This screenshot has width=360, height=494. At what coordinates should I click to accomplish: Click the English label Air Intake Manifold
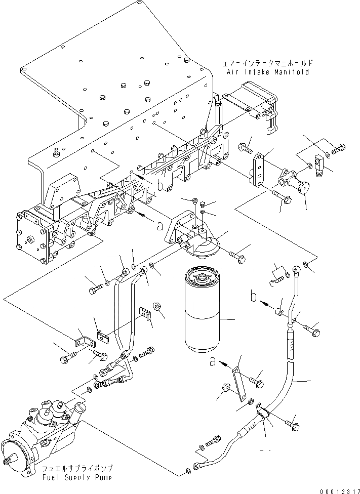click(x=268, y=72)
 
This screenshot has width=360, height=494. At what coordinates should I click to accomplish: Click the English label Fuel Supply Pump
click(x=77, y=478)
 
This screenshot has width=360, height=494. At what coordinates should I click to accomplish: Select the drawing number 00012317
click(x=340, y=491)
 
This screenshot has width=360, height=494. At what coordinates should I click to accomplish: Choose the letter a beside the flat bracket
click(x=213, y=362)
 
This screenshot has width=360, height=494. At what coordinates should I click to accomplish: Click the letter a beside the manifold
click(x=161, y=225)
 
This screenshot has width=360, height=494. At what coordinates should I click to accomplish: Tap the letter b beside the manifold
click(x=161, y=186)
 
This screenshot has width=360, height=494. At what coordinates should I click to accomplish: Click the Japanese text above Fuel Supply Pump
click(x=77, y=469)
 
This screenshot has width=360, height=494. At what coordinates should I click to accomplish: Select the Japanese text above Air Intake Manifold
click(x=268, y=63)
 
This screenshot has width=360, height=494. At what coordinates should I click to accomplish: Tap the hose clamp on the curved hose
click(x=263, y=413)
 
